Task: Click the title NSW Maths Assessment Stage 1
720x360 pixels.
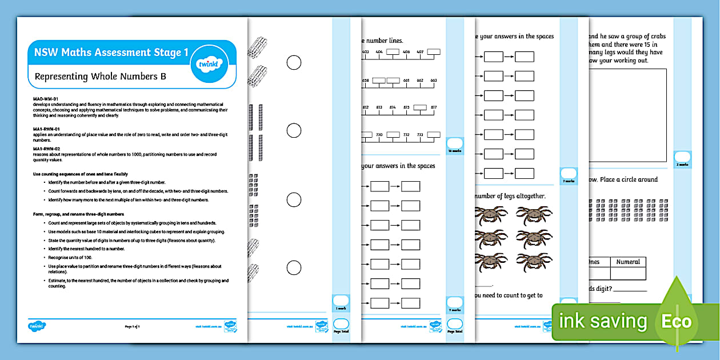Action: [111, 53]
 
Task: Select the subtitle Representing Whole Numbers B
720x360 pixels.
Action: [101, 76]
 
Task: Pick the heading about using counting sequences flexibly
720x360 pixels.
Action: [81, 173]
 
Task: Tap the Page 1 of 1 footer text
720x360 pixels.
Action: [133, 326]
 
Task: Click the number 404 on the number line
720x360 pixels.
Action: [379, 52]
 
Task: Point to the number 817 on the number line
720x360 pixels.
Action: [434, 107]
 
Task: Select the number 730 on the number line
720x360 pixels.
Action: [379, 135]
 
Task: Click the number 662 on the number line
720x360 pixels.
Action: [421, 81]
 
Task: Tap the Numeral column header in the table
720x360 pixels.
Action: [628, 262]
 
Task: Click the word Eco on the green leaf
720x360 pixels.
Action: [677, 321]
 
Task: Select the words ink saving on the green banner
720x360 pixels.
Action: [603, 321]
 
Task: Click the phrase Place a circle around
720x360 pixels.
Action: [628, 179]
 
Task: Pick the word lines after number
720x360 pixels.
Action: [393, 41]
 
